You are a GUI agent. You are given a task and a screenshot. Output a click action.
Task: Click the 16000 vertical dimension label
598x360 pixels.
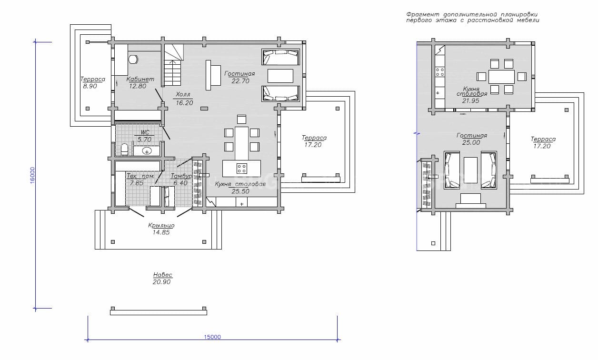(x=32, y=175)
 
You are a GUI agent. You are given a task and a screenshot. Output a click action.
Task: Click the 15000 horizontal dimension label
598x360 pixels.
(x=212, y=337)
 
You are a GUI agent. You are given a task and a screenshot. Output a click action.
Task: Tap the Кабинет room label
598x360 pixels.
(x=140, y=79)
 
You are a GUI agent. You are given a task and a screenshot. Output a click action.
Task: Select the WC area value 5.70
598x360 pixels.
(x=144, y=140)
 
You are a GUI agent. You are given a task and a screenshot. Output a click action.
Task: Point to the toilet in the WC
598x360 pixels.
(x=124, y=150)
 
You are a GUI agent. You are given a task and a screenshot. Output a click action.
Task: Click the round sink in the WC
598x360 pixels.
(x=147, y=151)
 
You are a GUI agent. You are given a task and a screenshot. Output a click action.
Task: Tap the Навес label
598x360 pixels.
(x=162, y=275)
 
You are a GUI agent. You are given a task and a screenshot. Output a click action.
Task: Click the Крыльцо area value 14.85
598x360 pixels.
(x=161, y=232)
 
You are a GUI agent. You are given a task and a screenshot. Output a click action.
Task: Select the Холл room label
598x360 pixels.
(x=183, y=94)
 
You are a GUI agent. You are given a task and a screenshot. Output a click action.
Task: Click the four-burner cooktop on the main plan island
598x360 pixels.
(x=241, y=169)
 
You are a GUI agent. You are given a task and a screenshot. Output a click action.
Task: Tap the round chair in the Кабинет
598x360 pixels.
(x=133, y=60)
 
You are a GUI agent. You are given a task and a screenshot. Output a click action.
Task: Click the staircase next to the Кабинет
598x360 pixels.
(x=173, y=65)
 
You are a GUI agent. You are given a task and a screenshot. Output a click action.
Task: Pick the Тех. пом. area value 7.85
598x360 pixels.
(x=137, y=183)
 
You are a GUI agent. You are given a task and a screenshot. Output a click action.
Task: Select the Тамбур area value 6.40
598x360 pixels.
(x=180, y=183)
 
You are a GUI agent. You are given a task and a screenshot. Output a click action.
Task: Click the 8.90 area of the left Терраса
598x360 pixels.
(x=90, y=86)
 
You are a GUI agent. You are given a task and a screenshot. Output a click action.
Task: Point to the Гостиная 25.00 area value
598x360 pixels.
(x=471, y=142)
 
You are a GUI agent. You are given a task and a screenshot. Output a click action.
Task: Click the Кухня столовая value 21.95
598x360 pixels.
(x=471, y=101)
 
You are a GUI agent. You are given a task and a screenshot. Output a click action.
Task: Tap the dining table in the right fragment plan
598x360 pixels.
(x=501, y=77)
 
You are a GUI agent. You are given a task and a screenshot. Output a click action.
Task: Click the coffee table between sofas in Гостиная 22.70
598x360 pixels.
(x=280, y=76)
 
